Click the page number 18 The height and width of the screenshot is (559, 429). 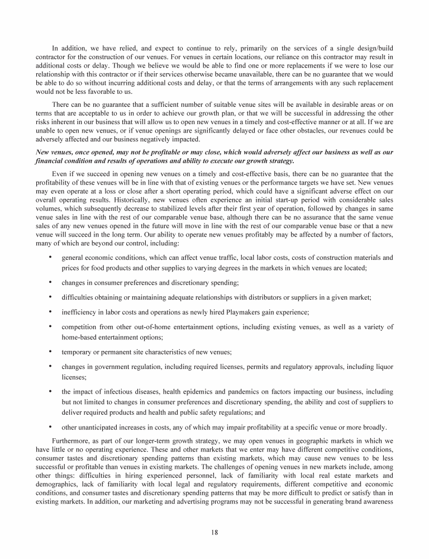pos(214,532)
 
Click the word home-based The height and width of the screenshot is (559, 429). pos(79,337)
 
